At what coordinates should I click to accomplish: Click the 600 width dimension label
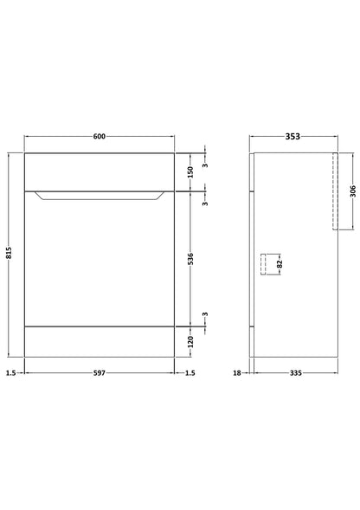click(x=100, y=136)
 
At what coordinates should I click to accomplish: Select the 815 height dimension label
click(x=9, y=253)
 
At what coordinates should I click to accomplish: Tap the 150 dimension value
click(x=190, y=172)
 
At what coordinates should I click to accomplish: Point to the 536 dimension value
click(x=190, y=259)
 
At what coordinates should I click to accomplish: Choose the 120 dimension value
click(x=190, y=341)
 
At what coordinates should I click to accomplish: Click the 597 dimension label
click(x=100, y=373)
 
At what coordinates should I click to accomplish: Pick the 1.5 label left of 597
click(x=10, y=373)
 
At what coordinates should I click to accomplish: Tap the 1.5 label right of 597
click(x=190, y=373)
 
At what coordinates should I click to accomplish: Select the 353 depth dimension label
click(x=292, y=137)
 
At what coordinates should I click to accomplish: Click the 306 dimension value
click(x=353, y=191)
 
